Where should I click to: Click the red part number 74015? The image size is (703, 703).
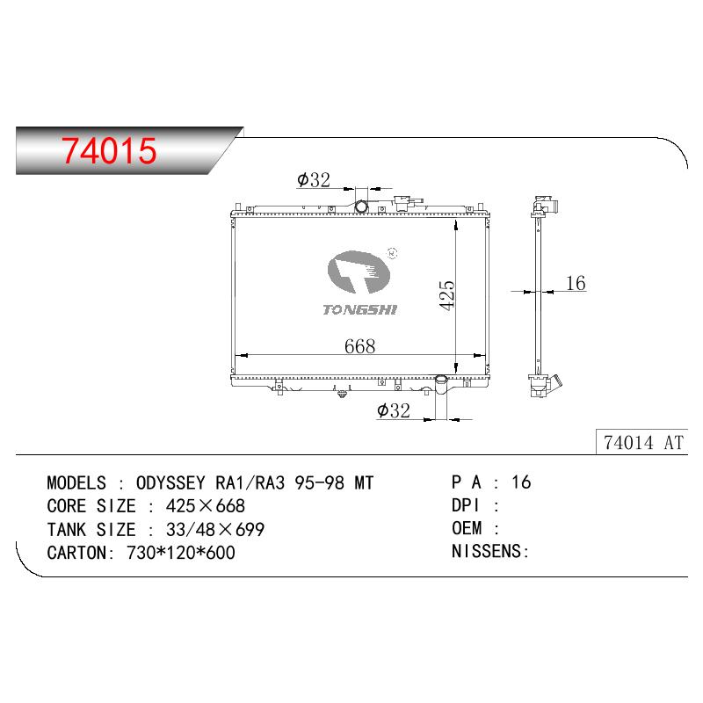109,150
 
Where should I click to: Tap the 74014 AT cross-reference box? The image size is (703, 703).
641,443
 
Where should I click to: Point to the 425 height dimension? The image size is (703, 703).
447,295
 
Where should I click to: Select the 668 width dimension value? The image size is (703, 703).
359,346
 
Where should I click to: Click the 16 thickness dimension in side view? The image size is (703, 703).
576,283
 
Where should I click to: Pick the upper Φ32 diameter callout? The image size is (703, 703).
314,180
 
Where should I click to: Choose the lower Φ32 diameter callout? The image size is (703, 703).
393,410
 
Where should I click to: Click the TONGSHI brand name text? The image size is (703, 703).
360,309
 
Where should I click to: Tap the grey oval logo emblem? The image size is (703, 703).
359,272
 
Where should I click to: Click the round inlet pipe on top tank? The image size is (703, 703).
361,207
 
